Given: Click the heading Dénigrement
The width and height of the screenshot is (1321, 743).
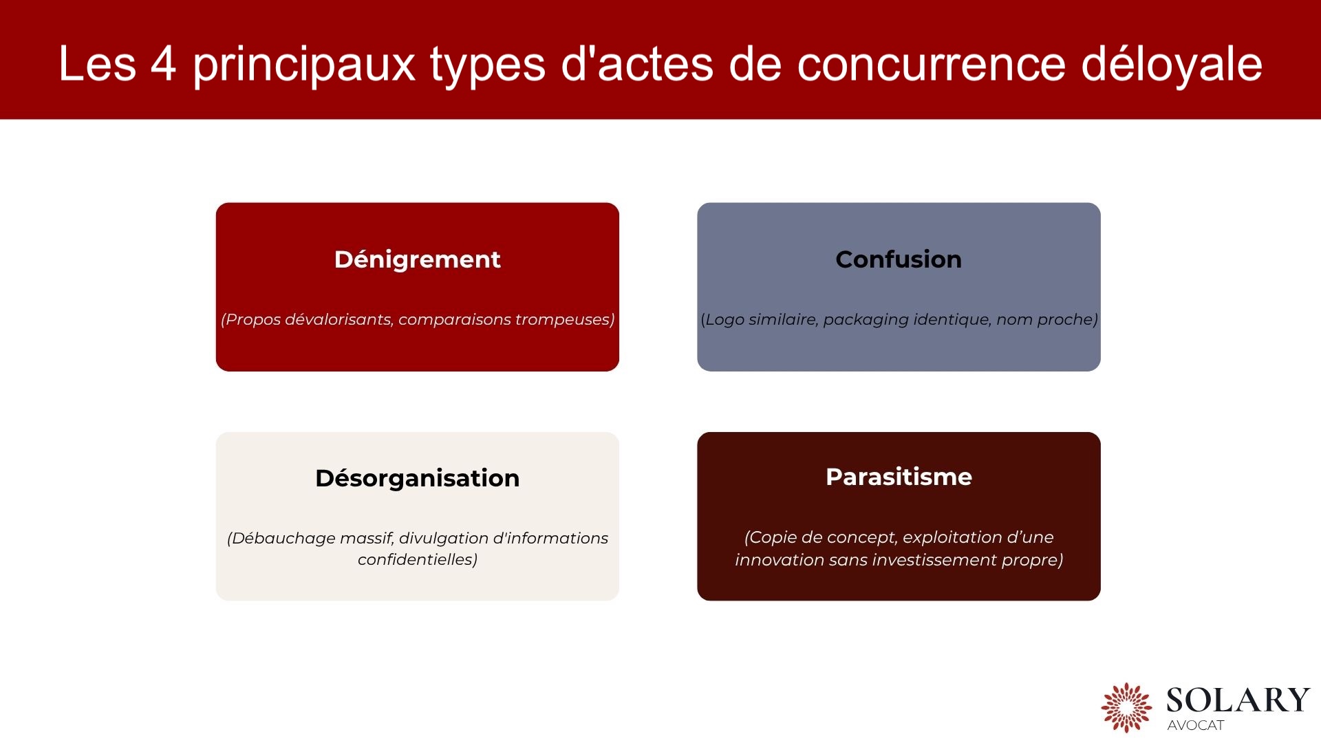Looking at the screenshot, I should pyautogui.click(x=417, y=259).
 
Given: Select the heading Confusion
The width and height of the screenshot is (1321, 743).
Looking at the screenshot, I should pyautogui.click(x=898, y=259).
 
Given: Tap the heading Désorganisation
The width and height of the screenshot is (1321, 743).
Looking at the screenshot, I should pyautogui.click(x=417, y=478).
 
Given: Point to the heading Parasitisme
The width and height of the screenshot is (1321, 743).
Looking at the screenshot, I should pyautogui.click(x=898, y=477).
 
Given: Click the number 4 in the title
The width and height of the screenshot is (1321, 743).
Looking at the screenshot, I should pyautogui.click(x=164, y=64).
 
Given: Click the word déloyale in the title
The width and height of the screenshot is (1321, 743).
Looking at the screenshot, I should pyautogui.click(x=1171, y=64).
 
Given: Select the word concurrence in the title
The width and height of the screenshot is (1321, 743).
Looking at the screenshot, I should pyautogui.click(x=931, y=64).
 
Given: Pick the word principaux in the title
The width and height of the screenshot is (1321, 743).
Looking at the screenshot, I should pyautogui.click(x=303, y=64).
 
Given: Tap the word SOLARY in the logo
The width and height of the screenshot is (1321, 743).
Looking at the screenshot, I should pyautogui.click(x=1237, y=700).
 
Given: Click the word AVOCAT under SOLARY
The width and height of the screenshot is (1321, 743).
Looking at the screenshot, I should pyautogui.click(x=1195, y=725).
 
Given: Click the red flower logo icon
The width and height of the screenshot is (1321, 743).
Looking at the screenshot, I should pyautogui.click(x=1126, y=707).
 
